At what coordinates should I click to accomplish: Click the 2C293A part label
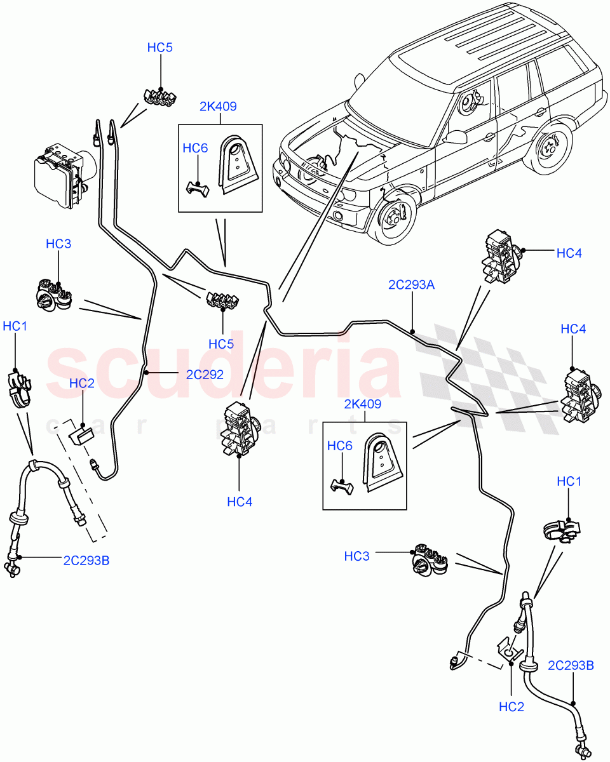click(x=411, y=285)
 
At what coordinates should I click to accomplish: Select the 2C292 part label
click(x=205, y=375)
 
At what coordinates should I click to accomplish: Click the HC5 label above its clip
click(x=159, y=48)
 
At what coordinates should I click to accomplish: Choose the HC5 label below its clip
click(x=222, y=344)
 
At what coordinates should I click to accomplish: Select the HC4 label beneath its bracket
click(x=240, y=502)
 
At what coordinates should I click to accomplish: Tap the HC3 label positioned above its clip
click(x=58, y=244)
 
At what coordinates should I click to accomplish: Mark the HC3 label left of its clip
click(x=357, y=556)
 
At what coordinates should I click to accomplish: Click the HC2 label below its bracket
click(x=512, y=706)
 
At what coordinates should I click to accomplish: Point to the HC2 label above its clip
click(x=81, y=383)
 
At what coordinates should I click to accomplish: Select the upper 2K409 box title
click(x=218, y=106)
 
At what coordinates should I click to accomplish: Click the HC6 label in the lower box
click(x=340, y=446)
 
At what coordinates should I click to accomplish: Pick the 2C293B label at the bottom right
click(x=571, y=665)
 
